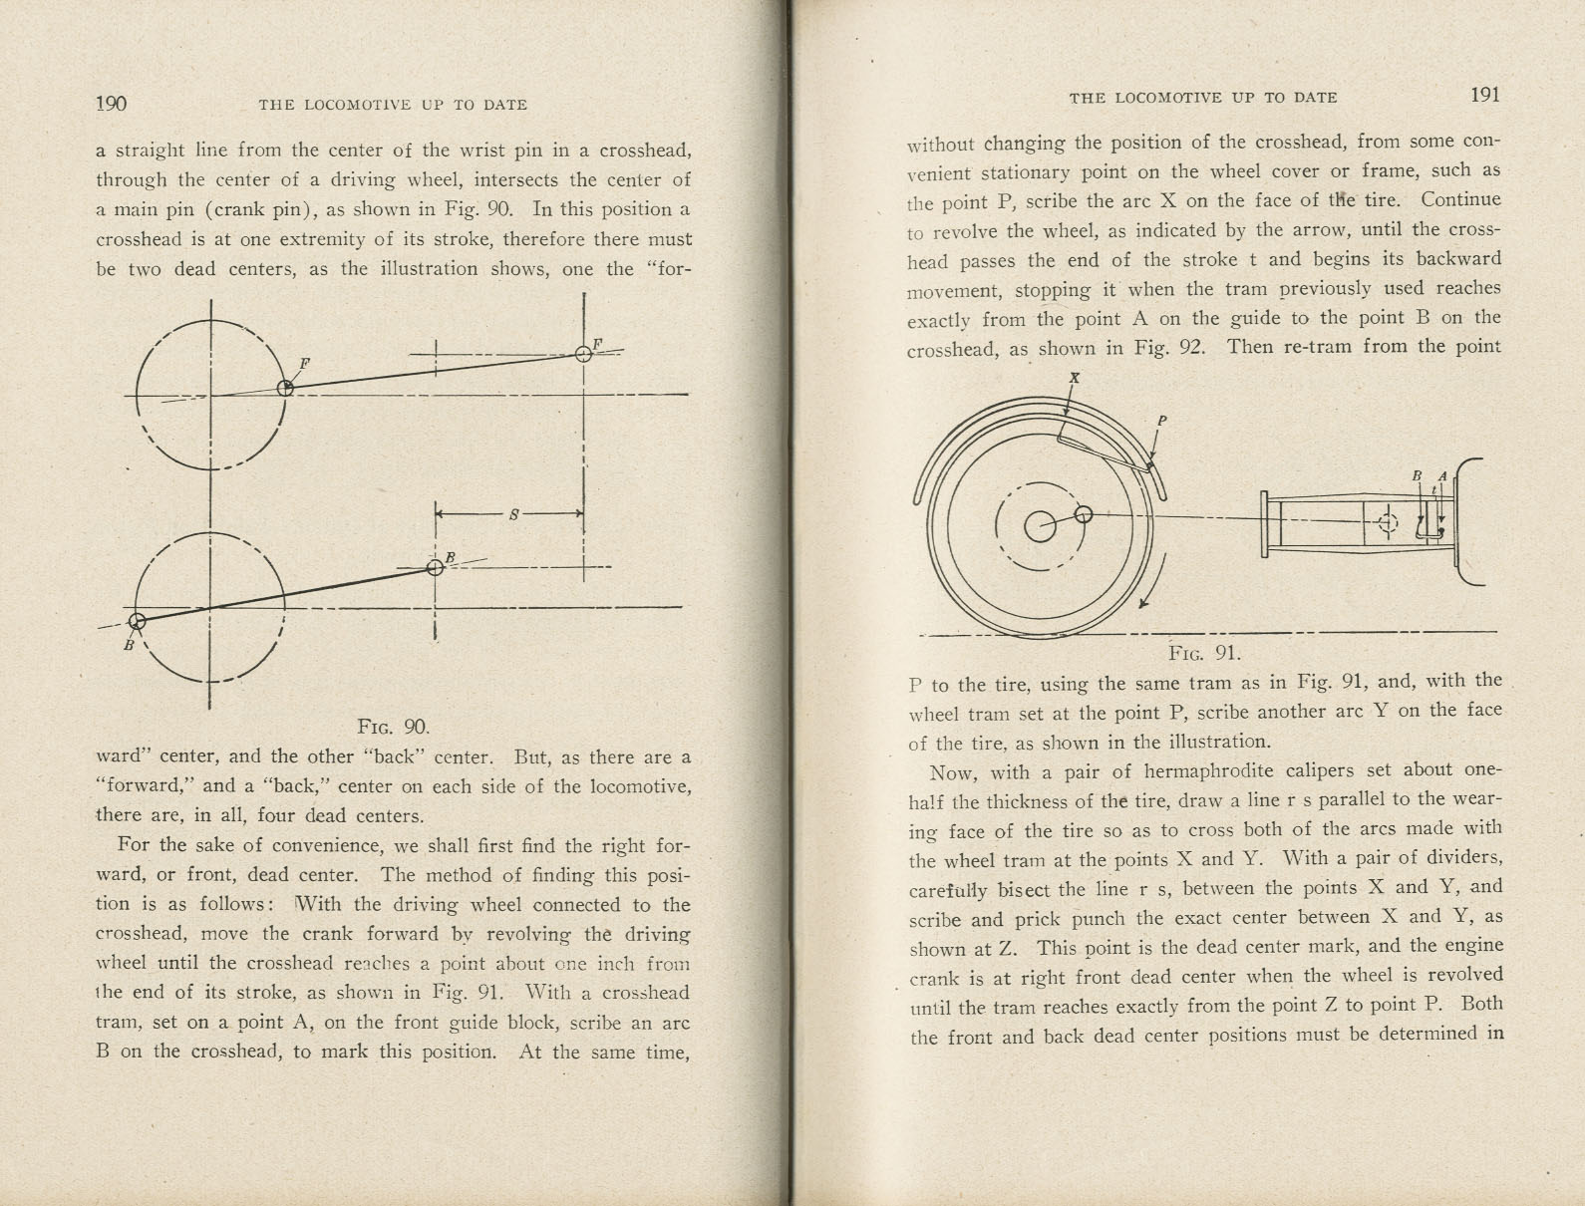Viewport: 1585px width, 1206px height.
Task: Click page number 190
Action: (111, 104)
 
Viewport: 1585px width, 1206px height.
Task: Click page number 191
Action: (1484, 96)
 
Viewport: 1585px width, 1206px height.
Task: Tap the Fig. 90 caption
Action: (393, 727)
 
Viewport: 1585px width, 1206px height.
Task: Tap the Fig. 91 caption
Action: (1204, 654)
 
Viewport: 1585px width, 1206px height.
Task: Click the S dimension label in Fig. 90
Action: (513, 514)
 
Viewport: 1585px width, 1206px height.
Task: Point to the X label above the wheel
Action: (1074, 378)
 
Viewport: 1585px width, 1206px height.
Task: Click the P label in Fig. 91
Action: (1161, 422)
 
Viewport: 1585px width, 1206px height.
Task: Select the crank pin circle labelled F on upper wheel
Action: (285, 388)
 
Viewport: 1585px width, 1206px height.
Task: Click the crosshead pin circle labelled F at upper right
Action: (584, 354)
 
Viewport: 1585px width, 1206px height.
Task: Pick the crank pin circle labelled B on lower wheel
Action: (138, 622)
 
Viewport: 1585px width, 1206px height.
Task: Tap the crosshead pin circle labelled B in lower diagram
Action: (435, 567)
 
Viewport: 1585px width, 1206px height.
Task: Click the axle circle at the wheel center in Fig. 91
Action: (1040, 526)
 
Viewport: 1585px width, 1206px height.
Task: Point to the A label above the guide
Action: (1441, 476)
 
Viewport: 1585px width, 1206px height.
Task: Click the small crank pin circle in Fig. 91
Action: (1085, 514)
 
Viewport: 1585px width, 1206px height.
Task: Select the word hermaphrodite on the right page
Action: (1205, 770)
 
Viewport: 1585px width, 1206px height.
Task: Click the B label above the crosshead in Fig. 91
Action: (1417, 476)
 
